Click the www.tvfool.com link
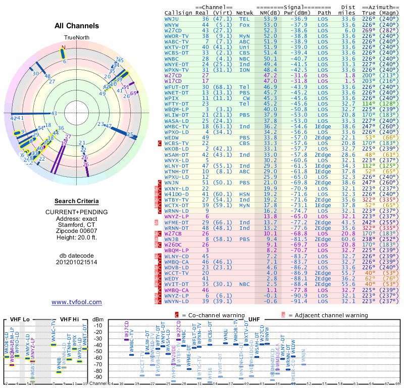[x=77, y=302]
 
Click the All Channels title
[x=77, y=26]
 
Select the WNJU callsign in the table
[x=172, y=19]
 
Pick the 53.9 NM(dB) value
[x=270, y=19]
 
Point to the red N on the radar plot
[x=63, y=47]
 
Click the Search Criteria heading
[x=77, y=201]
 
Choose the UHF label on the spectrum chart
[x=255, y=319]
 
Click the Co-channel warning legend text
[x=214, y=315]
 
